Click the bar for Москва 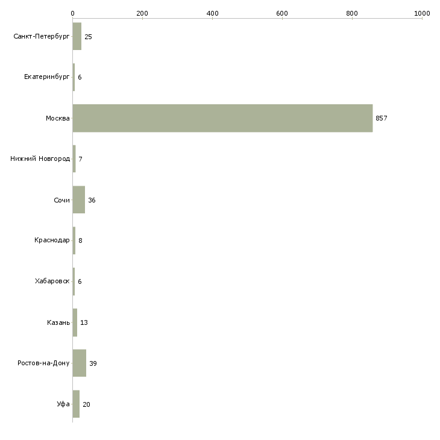(222, 118)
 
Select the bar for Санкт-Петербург (77, 36)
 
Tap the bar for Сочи (79, 200)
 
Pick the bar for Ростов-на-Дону (80, 363)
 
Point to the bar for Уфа (76, 404)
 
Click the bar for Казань (75, 322)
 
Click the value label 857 (382, 118)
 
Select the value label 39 (93, 363)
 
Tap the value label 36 (92, 200)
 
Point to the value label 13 (84, 322)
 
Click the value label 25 (88, 37)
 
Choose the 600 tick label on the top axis (282, 13)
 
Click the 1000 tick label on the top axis (422, 13)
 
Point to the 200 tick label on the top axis (142, 13)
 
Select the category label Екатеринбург (46, 77)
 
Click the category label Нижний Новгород (40, 159)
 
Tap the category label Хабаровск (52, 281)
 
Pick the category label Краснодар (52, 240)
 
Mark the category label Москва (57, 118)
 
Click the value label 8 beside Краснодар (80, 240)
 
